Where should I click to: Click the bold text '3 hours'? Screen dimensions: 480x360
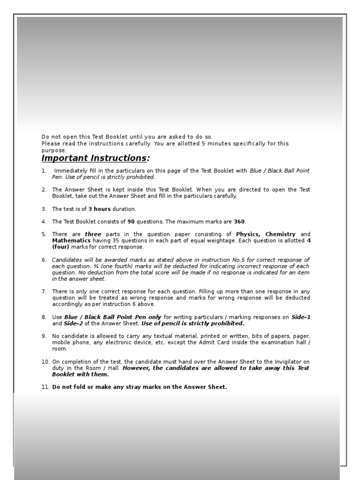tap(99, 209)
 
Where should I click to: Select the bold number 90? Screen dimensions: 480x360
tap(131, 222)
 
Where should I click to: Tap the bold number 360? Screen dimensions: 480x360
tap(239, 222)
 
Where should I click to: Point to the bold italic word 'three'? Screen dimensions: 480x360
tap(93, 234)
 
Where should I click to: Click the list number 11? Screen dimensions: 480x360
tap(45, 387)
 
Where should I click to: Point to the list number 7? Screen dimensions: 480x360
tap(44, 292)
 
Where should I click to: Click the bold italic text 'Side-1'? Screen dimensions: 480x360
tap(301, 317)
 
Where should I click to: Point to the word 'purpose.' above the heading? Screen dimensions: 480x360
tap(54, 150)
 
